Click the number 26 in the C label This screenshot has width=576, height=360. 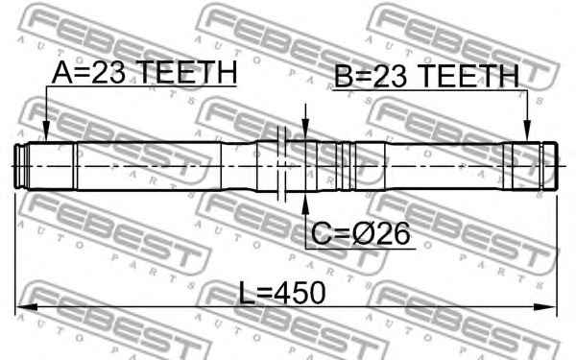coord(395,231)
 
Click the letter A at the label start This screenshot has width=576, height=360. coord(61,73)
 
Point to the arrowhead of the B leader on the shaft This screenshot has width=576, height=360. coord(527,137)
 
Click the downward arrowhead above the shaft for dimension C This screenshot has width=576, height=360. coord(305,133)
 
